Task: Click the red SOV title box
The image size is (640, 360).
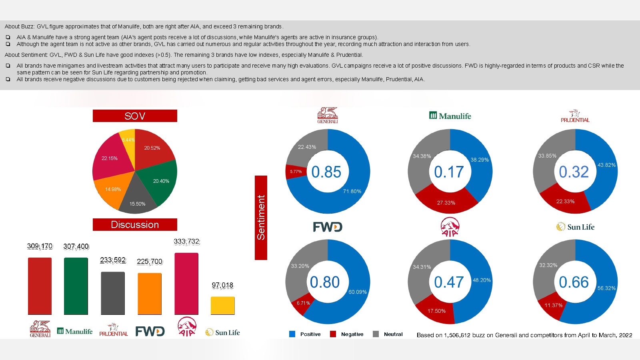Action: pos(135,116)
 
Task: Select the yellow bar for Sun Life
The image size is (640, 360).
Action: pos(222,306)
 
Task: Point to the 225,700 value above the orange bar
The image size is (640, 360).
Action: pos(150,262)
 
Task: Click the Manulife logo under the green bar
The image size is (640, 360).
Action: pos(75,331)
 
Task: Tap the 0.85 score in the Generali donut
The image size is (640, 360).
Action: pos(326,172)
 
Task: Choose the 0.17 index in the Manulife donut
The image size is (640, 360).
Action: pos(449,172)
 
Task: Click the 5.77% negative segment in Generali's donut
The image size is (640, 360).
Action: pos(296,172)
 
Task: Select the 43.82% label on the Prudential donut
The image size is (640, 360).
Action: pos(606,165)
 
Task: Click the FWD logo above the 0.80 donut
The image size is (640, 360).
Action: pos(328,227)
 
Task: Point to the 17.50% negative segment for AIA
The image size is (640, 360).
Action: pos(436,311)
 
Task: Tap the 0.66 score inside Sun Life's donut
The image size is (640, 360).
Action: pos(574,282)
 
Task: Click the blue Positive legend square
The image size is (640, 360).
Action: pos(292,334)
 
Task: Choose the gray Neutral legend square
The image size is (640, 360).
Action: pos(376,334)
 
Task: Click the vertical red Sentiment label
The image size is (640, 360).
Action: pos(261,218)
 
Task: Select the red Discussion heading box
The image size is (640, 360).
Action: pos(135,225)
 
